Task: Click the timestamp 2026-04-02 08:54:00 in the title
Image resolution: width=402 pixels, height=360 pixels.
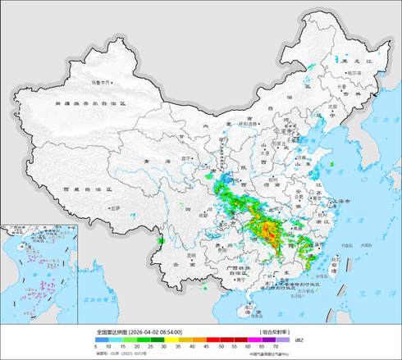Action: tap(156, 332)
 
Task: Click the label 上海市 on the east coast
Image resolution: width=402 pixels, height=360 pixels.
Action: tap(345, 200)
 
